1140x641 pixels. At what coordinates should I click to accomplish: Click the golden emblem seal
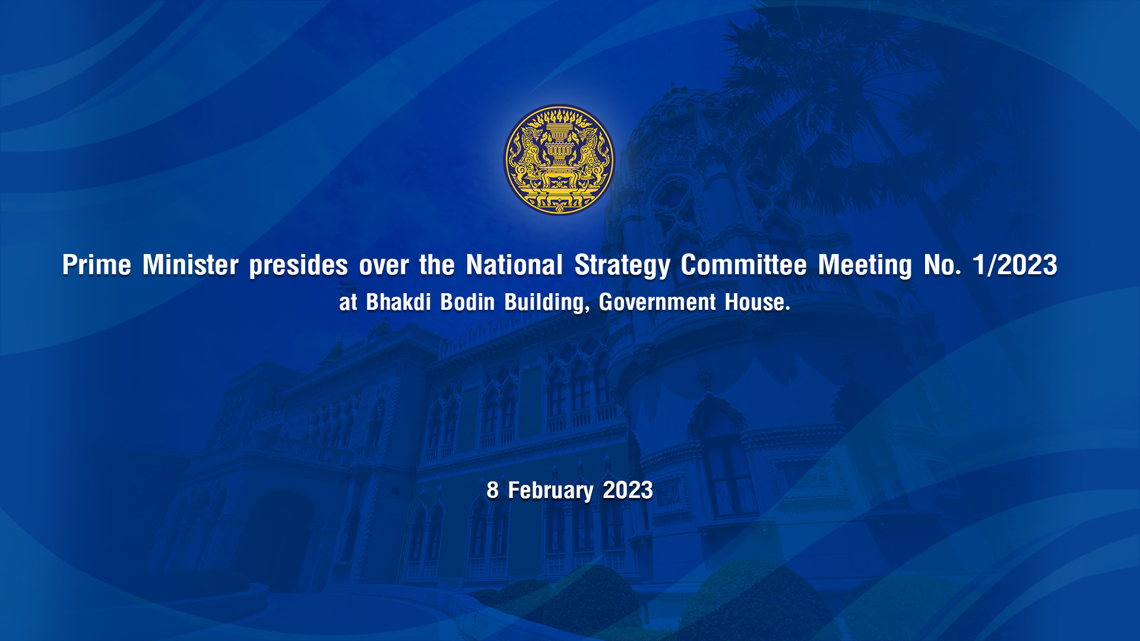point(559,160)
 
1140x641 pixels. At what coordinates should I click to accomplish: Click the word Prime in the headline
point(97,265)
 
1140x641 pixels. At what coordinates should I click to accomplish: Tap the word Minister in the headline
point(191,265)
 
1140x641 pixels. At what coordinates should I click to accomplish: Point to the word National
point(514,265)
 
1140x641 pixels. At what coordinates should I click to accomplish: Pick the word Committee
point(744,265)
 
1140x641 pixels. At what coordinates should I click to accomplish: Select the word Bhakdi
point(398,302)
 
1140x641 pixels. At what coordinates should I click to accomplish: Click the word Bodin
point(467,302)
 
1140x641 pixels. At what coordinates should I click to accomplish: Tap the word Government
point(657,302)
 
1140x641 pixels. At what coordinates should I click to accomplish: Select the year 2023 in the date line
point(628,490)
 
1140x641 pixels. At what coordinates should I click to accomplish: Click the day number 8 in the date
point(492,490)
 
